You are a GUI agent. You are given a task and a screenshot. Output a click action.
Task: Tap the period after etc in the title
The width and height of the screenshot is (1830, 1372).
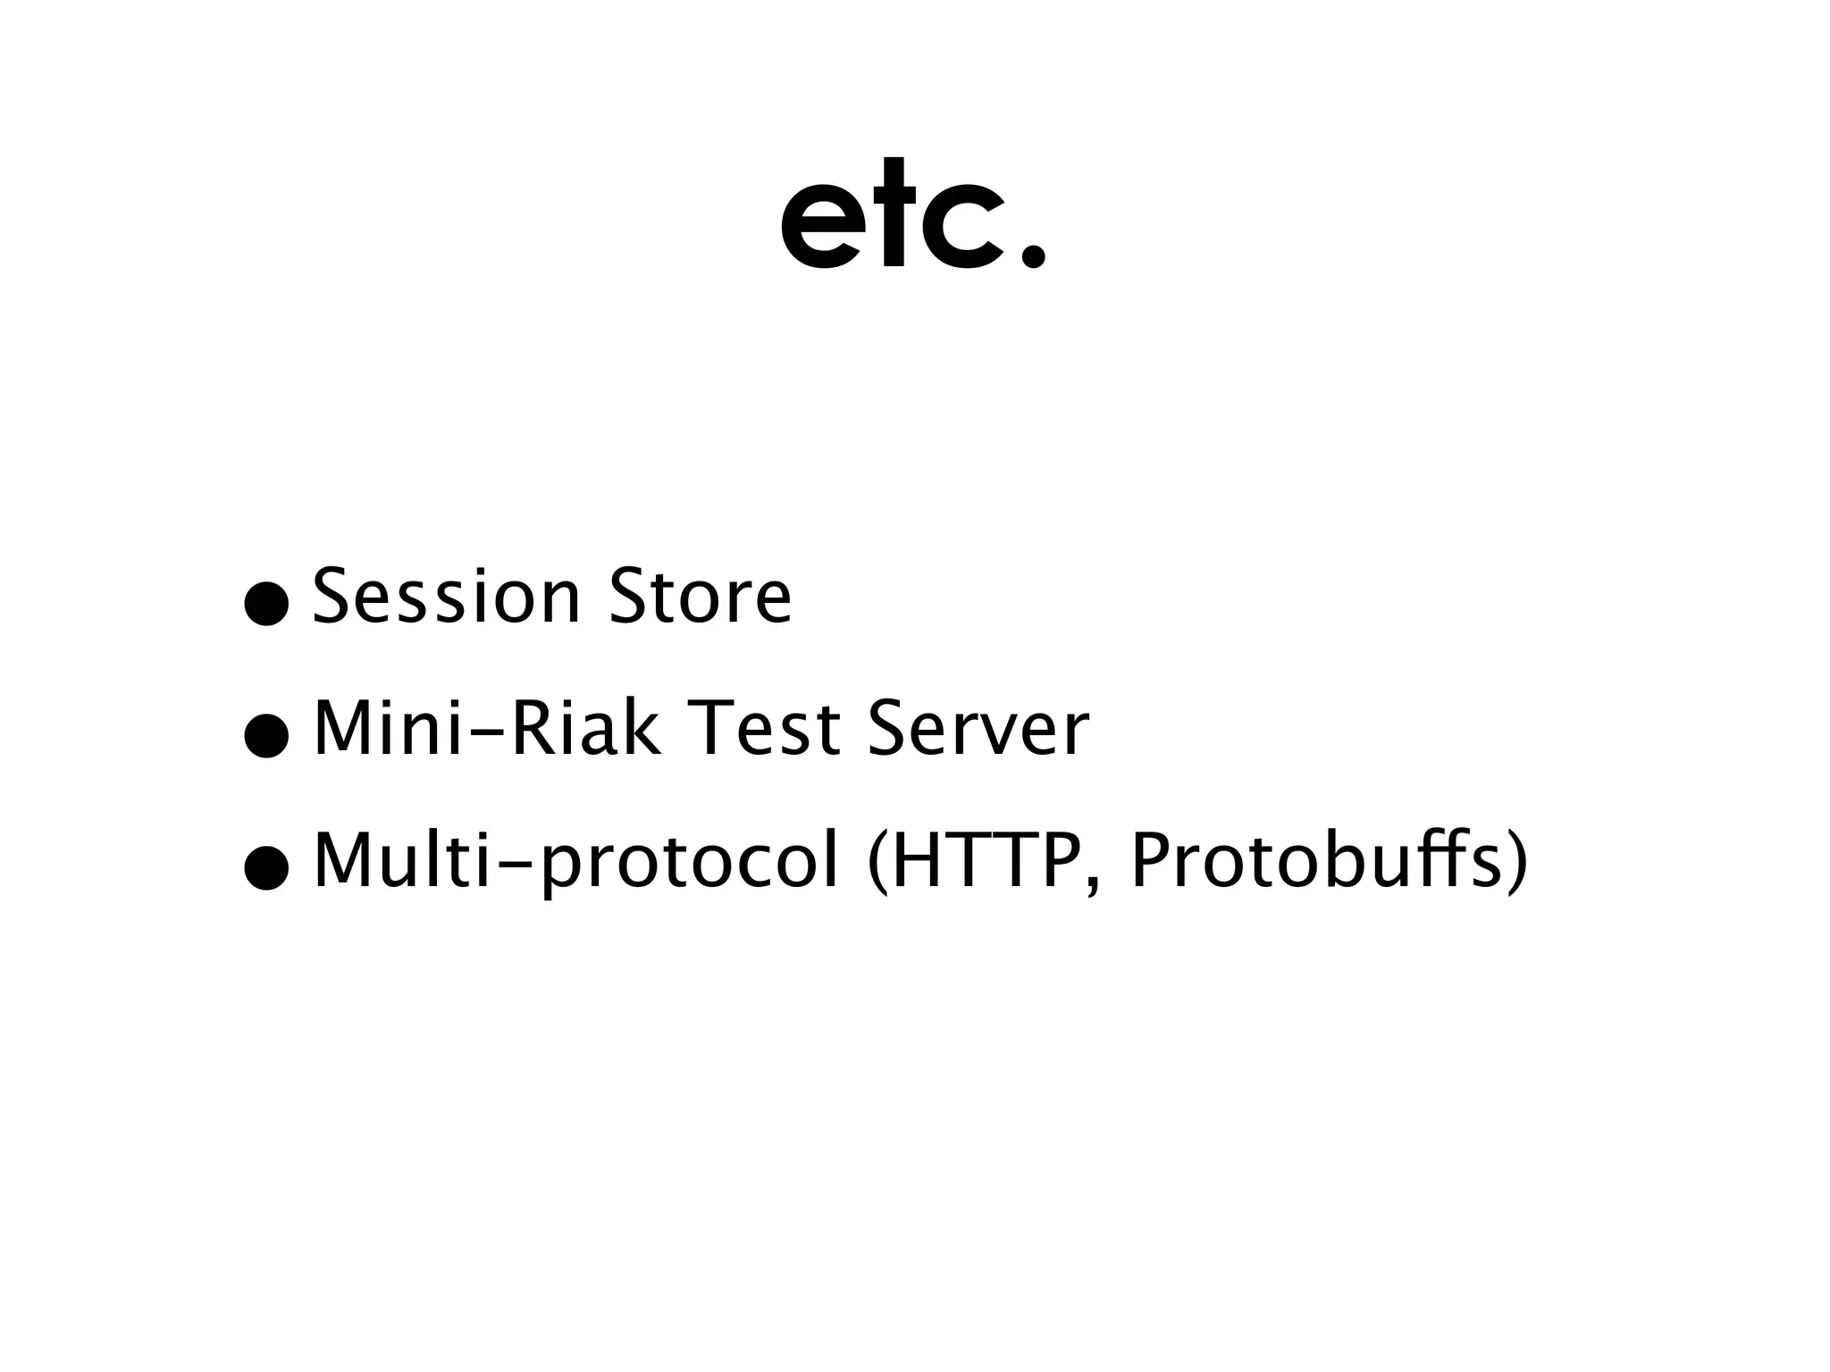pos(1032,255)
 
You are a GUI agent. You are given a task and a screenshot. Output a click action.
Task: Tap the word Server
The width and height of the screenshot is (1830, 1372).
pos(978,728)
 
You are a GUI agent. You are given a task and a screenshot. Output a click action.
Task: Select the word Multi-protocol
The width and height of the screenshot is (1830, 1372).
pos(576,862)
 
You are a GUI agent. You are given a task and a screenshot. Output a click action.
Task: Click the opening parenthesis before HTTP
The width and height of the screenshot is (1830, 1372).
pos(878,862)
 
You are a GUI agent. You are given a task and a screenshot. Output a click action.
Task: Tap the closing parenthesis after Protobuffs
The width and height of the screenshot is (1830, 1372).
pos(1517,862)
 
